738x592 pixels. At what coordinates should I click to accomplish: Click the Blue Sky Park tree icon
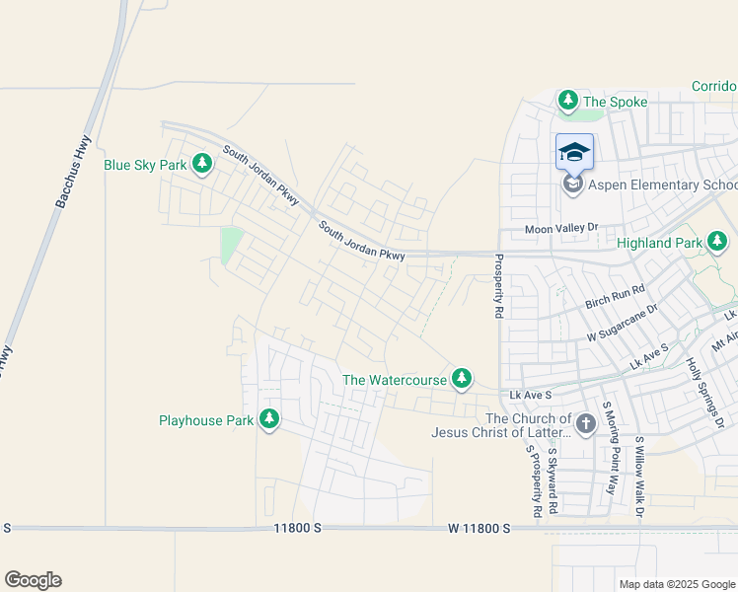(202, 163)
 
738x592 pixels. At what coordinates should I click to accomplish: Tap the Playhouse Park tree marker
(269, 419)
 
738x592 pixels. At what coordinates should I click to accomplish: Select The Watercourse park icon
(462, 378)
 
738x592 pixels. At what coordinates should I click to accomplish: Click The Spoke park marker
(568, 101)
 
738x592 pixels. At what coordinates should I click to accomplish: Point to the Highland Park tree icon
(718, 241)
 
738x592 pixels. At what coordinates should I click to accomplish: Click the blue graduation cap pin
(574, 153)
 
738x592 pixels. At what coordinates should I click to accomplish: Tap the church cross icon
(585, 424)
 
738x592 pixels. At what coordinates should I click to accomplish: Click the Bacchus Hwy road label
(73, 170)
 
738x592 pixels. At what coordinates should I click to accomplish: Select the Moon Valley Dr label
(561, 228)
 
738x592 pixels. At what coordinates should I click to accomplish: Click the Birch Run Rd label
(614, 290)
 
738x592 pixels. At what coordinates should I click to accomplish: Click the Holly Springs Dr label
(706, 392)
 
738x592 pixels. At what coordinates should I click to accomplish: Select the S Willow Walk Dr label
(638, 478)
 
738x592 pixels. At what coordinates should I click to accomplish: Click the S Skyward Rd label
(553, 481)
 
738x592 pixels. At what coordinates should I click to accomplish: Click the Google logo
(33, 580)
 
